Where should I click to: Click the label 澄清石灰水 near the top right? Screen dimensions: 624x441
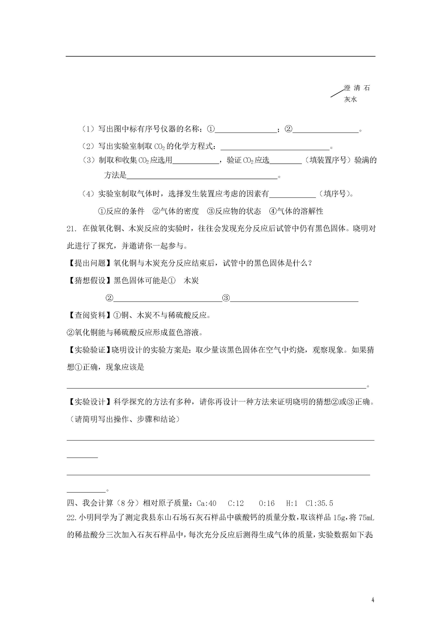point(356,94)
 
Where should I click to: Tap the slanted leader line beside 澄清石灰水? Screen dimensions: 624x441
point(337,93)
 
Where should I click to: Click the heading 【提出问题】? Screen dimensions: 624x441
point(90,263)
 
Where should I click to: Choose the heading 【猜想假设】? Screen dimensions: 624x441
point(90,281)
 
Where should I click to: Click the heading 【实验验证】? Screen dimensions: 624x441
point(89,350)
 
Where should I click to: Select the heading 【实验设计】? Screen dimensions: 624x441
point(90,402)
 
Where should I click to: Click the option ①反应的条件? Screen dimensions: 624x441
point(121,211)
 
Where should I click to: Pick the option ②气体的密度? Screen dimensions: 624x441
point(176,211)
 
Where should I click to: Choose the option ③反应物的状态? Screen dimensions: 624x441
point(234,211)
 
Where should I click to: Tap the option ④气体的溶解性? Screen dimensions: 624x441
point(296,211)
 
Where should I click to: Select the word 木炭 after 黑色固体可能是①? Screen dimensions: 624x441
point(191,281)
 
